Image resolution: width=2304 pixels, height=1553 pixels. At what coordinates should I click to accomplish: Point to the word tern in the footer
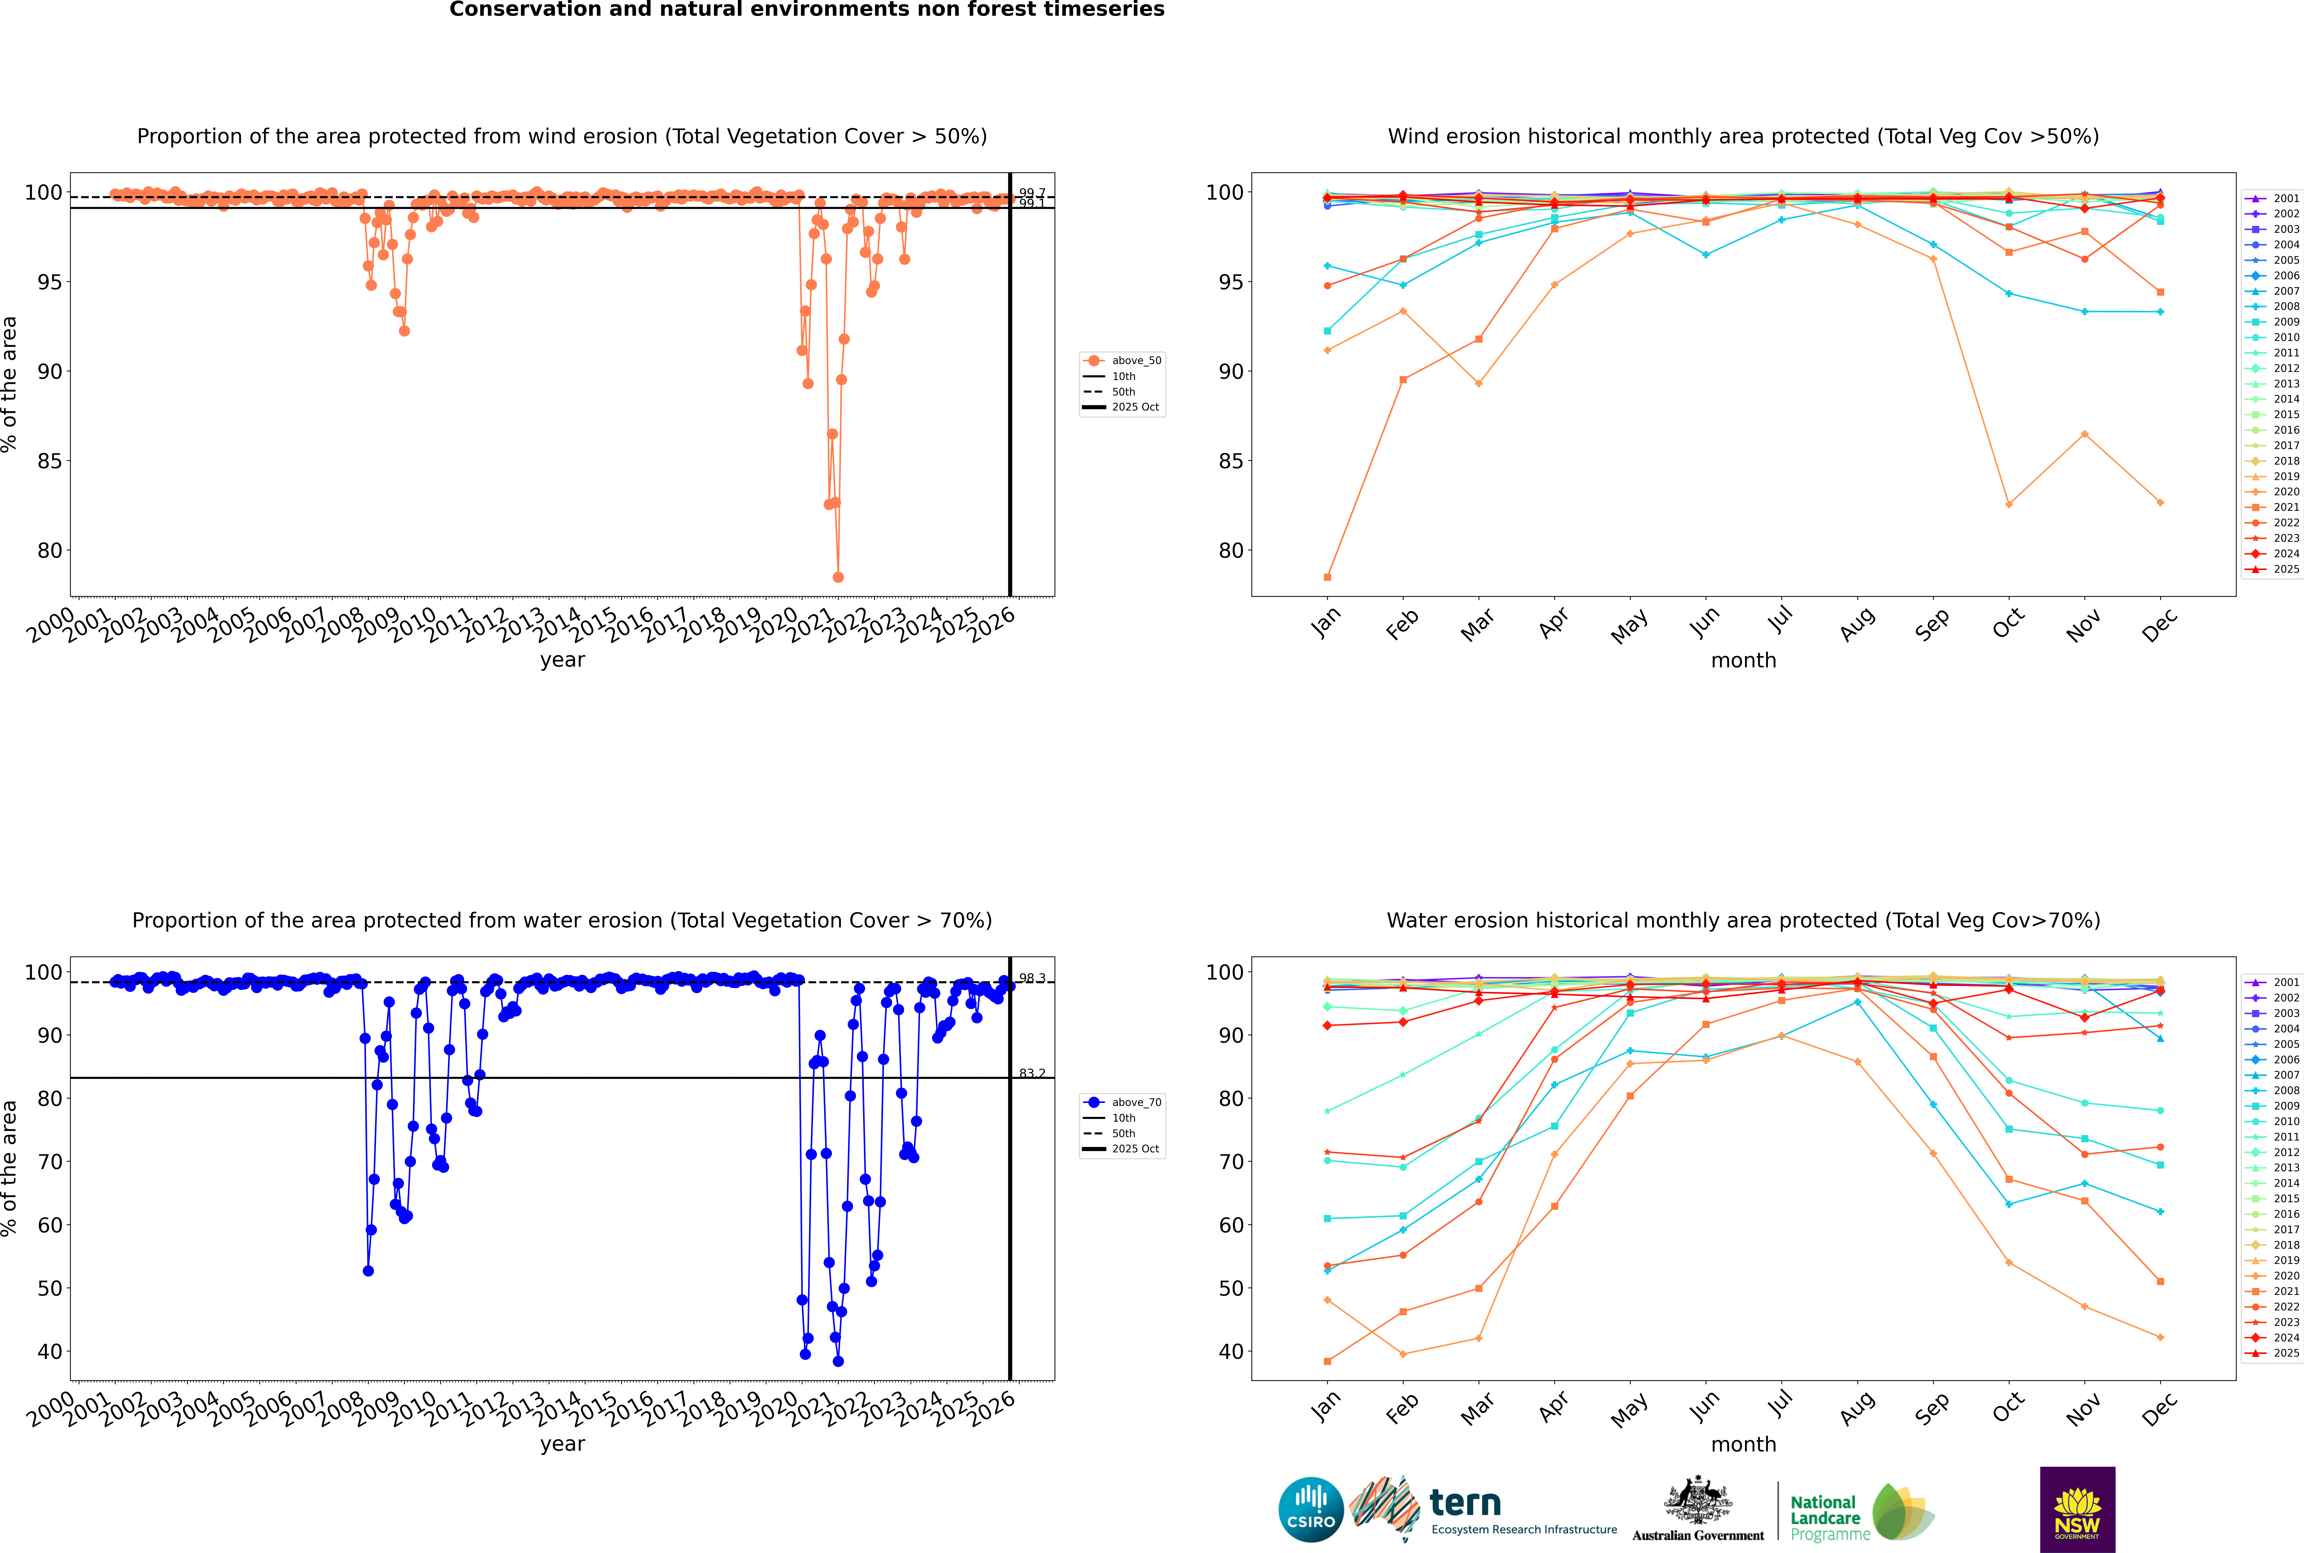(1465, 1504)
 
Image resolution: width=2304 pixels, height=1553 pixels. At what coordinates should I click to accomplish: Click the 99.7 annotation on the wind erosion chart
(1032, 193)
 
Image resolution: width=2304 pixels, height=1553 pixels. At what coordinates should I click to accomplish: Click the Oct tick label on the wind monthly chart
(2008, 624)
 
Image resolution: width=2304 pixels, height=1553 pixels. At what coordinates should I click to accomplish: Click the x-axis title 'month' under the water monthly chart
(1743, 1444)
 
